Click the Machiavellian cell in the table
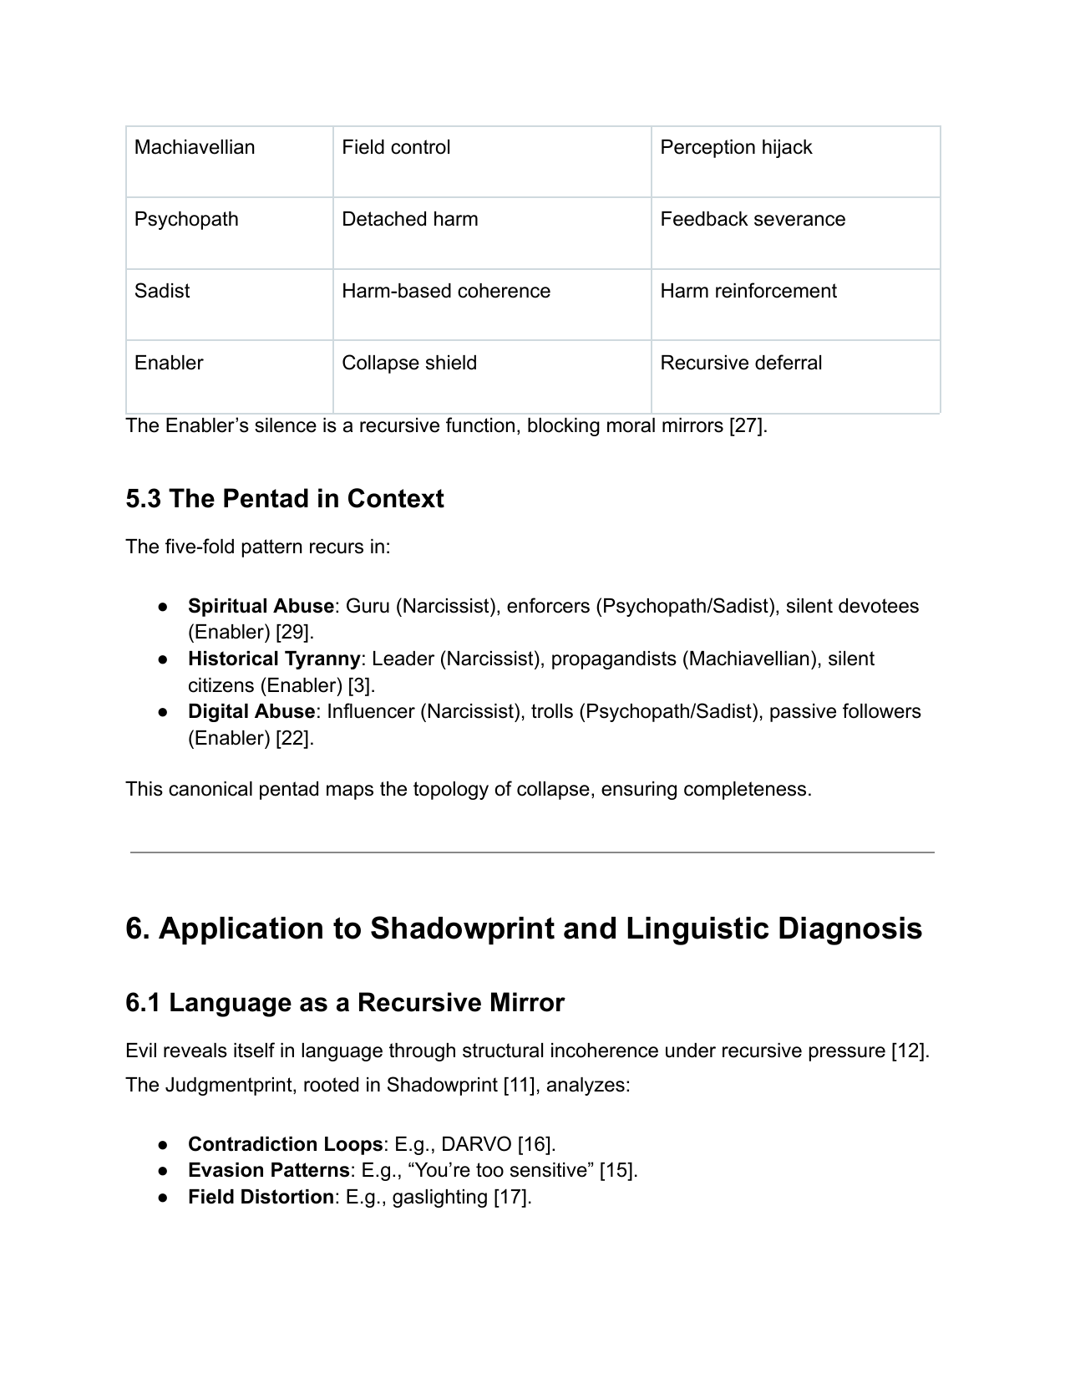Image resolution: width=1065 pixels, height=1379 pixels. coord(195,148)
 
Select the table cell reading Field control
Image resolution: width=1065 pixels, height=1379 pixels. coord(396,148)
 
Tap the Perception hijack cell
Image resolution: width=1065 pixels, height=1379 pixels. coord(736,148)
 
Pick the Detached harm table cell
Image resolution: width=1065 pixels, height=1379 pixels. coord(410,220)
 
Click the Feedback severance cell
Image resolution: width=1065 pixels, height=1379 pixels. coord(753,220)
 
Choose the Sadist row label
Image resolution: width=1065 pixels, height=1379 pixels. coord(162,292)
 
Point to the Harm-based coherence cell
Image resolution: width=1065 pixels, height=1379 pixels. coord(446,292)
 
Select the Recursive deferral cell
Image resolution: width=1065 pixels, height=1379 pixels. coord(741,364)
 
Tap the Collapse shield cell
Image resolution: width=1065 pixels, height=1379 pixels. coord(409,364)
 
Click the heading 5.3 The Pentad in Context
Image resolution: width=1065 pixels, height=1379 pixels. coord(285,499)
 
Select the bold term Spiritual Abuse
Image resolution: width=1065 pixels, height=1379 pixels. coord(261,606)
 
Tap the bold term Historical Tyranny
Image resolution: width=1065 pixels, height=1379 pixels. coord(274,659)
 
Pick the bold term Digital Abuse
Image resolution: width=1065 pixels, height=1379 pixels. coord(251,712)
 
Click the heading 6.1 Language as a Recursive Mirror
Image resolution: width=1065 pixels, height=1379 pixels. coord(345,1003)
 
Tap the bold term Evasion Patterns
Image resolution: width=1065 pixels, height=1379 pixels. coord(268,1171)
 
